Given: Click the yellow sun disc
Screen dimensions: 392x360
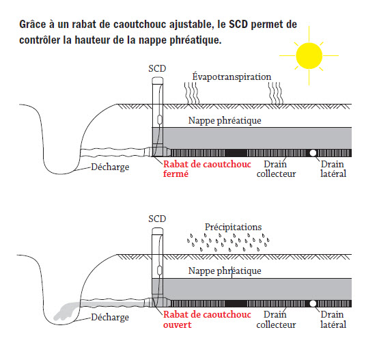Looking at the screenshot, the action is pyautogui.click(x=309, y=56).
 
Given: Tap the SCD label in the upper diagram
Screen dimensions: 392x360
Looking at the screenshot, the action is pyautogui.click(x=157, y=68).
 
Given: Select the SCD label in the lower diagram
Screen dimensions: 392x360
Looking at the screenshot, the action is pyautogui.click(x=157, y=219).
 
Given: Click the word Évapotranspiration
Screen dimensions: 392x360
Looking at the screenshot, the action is pyautogui.click(x=232, y=77).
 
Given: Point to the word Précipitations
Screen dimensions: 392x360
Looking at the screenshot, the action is pyautogui.click(x=234, y=227).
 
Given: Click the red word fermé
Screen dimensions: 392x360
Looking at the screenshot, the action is pyautogui.click(x=176, y=174).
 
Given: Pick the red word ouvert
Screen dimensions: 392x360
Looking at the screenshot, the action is pyautogui.click(x=178, y=324).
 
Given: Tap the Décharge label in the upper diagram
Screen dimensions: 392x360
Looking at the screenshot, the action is pyautogui.click(x=110, y=167).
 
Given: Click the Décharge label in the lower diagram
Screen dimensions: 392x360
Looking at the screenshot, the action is pyautogui.click(x=110, y=317).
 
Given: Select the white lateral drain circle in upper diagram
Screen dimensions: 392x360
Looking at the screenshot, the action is pyautogui.click(x=313, y=153).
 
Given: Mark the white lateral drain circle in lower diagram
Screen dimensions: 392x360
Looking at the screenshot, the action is pyautogui.click(x=313, y=303).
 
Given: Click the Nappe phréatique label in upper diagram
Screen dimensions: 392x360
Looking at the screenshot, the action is pyautogui.click(x=225, y=120).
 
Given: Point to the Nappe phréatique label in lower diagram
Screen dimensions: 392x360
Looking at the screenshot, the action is pyautogui.click(x=225, y=271).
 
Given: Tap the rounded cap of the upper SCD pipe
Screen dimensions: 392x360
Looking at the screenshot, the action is pyautogui.click(x=158, y=81).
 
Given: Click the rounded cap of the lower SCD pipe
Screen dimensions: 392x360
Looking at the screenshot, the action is pyautogui.click(x=158, y=232).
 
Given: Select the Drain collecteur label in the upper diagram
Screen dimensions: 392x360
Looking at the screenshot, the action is pyautogui.click(x=276, y=169).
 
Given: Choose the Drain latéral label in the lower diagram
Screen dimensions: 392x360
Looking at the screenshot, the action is pyautogui.click(x=333, y=320).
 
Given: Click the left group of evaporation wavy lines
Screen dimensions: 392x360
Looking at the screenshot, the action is pyautogui.click(x=192, y=93).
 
